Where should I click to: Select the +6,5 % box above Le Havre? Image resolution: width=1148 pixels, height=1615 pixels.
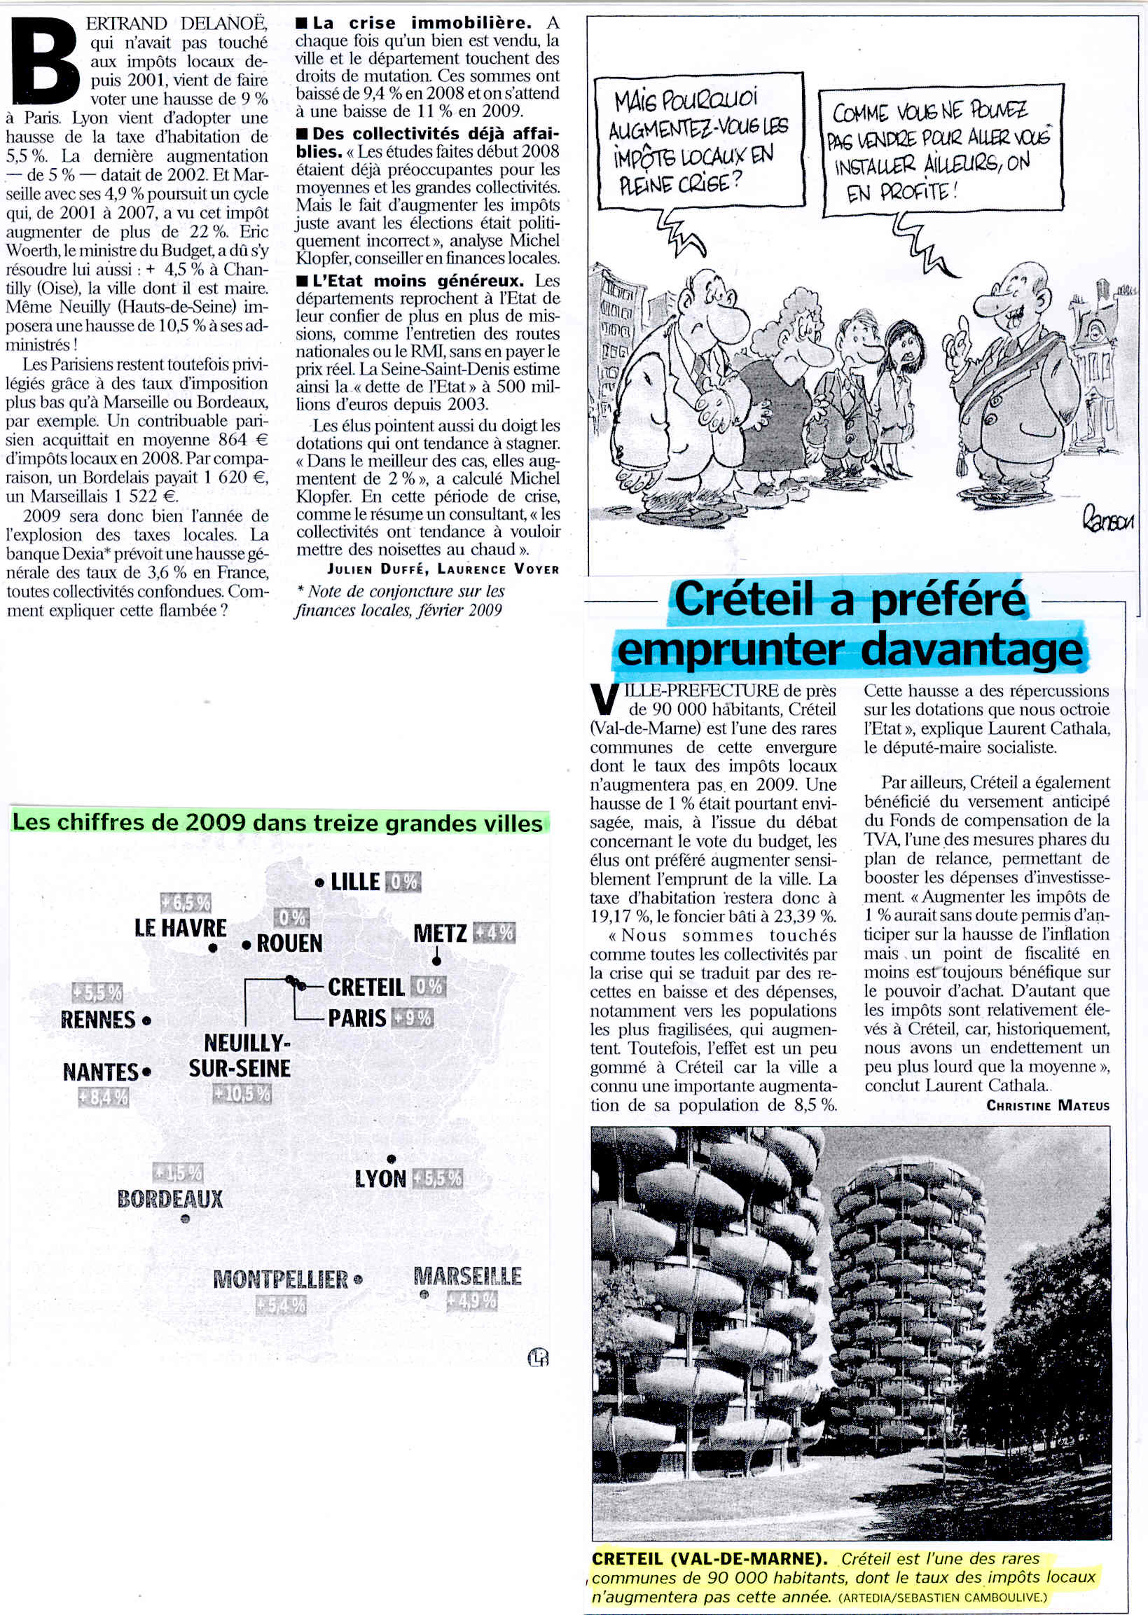pyautogui.click(x=186, y=903)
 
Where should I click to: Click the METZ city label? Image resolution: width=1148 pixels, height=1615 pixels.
pyautogui.click(x=440, y=933)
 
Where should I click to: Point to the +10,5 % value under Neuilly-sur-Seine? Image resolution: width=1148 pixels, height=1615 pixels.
pyautogui.click(x=242, y=1094)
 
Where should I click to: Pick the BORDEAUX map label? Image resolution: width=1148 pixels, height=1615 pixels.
pyautogui.click(x=170, y=1199)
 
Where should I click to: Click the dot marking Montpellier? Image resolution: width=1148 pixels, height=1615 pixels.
pyautogui.click(x=358, y=1280)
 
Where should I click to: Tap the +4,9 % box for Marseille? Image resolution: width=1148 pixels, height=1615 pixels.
pyautogui.click(x=471, y=1300)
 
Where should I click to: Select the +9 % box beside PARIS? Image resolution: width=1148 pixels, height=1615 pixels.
pyautogui.click(x=410, y=1018)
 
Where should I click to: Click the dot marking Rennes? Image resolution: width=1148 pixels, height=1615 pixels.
pyautogui.click(x=146, y=1020)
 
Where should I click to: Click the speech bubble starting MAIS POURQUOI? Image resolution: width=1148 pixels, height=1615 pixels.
pyautogui.click(x=700, y=140)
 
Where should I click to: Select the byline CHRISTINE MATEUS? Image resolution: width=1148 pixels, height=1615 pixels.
pyautogui.click(x=1048, y=1105)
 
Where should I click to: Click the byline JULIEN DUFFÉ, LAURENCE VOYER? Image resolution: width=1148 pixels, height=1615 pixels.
pyautogui.click(x=443, y=569)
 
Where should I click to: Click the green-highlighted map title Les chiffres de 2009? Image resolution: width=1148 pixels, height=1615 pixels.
pyautogui.click(x=278, y=823)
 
